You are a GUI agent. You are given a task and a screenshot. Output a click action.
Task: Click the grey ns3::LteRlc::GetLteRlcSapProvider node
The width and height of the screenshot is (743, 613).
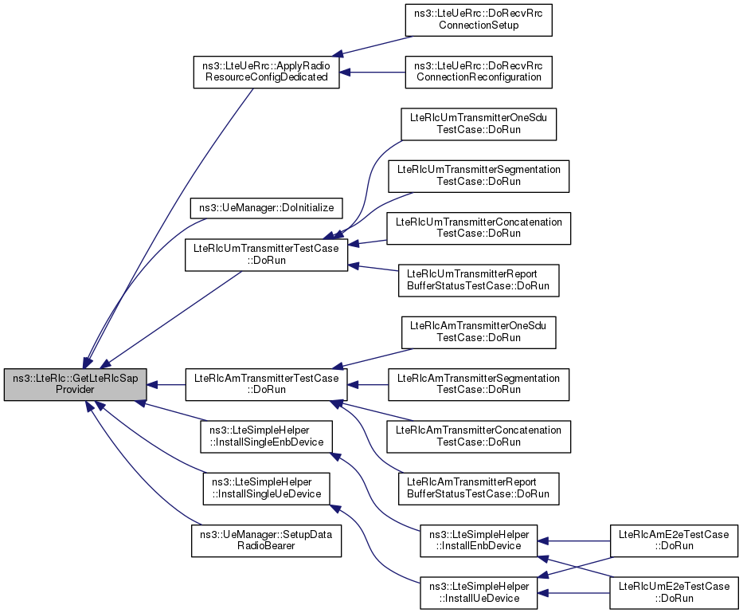pos(76,384)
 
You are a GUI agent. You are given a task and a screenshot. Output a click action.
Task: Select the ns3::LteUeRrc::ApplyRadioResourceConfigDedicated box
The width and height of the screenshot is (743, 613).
pos(266,72)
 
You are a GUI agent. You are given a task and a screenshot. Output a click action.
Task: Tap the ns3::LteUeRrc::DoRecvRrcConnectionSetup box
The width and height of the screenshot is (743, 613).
pos(479,20)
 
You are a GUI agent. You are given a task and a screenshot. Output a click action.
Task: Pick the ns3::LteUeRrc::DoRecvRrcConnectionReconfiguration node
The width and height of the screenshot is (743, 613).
pos(479,72)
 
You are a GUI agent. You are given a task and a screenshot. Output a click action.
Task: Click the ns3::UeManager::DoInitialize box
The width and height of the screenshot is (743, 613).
pos(266,208)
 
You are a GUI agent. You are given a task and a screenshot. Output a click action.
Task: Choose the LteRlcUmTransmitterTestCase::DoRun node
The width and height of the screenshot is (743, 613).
pos(266,255)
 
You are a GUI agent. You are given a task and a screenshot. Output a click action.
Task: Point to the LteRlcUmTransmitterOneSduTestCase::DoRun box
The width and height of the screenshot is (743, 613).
pos(479,124)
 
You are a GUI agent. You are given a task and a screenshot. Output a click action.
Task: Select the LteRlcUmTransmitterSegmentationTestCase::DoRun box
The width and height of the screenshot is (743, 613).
pos(479,176)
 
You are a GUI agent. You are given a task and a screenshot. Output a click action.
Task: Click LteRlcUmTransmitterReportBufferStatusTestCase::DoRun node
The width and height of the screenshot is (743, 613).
pos(479,281)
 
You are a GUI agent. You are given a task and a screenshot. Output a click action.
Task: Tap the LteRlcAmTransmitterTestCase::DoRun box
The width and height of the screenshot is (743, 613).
pos(266,384)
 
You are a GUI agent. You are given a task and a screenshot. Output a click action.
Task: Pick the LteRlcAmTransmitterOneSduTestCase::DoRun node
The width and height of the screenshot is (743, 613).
pos(479,332)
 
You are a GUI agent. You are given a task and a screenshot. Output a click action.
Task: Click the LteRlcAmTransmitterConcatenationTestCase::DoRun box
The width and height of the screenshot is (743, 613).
pos(479,437)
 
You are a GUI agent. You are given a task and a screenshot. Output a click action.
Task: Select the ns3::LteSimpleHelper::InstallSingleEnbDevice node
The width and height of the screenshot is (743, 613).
pos(266,437)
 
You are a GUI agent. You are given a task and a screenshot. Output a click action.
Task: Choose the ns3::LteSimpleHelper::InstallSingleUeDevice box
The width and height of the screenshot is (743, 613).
pos(266,489)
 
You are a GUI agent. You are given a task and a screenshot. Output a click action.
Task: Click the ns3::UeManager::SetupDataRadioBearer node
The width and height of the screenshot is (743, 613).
pos(266,541)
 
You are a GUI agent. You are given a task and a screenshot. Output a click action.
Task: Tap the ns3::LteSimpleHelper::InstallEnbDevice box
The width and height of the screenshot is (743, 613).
pos(479,541)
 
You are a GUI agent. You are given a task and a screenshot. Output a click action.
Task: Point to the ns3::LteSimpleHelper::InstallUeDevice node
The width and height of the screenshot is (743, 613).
pos(479,593)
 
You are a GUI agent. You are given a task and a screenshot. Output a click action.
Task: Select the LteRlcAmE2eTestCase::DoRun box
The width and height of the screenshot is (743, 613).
pos(674,541)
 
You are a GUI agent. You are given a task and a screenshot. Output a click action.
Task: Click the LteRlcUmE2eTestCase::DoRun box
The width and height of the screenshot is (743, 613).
pos(674,593)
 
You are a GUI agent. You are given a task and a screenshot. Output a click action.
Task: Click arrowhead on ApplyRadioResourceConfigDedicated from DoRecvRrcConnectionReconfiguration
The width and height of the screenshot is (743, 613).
pos(345,72)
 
